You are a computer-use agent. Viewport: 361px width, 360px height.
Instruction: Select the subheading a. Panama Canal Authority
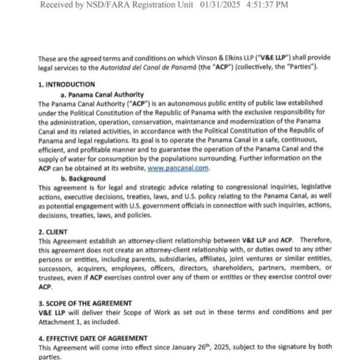coord(102,94)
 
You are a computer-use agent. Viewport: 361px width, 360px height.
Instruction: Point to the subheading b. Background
coord(83,178)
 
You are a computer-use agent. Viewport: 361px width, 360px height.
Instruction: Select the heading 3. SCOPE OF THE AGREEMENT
coord(85,303)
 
